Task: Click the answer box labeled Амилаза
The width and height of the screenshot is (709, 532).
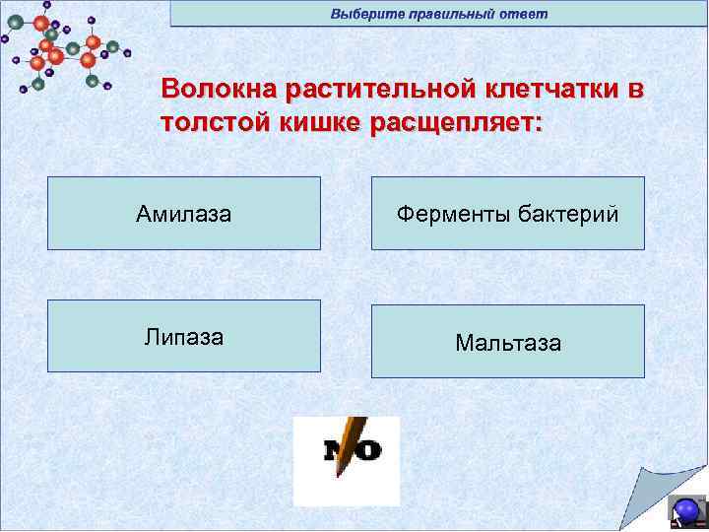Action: click(184, 213)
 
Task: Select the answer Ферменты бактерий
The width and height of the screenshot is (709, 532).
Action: click(507, 213)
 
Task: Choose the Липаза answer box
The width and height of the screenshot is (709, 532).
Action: click(184, 336)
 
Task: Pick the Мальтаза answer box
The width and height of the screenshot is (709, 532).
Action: click(507, 342)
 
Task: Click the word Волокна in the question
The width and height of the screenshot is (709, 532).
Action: click(220, 91)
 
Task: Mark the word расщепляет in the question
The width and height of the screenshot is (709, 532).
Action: click(456, 126)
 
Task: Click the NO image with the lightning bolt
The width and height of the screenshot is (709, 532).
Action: click(347, 461)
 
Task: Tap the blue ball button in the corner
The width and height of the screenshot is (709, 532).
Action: click(685, 510)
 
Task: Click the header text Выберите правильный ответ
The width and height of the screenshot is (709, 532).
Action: click(439, 14)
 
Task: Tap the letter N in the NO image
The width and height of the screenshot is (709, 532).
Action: click(335, 452)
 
